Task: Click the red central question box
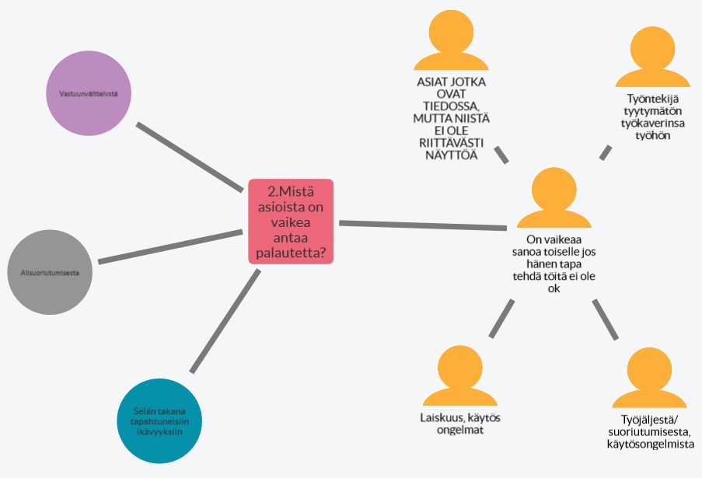291,222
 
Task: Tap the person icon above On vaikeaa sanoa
550,198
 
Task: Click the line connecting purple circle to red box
190,156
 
